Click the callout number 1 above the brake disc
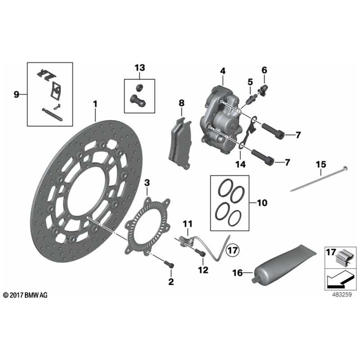pyautogui.click(x=96, y=104)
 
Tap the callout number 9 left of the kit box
pyautogui.click(x=16, y=94)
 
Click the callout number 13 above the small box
pyautogui.click(x=139, y=68)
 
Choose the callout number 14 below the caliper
pyautogui.click(x=240, y=164)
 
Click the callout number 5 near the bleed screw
pyautogui.click(x=249, y=82)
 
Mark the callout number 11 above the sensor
pyautogui.click(x=187, y=224)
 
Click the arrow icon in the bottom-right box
pyautogui.click(x=339, y=278)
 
